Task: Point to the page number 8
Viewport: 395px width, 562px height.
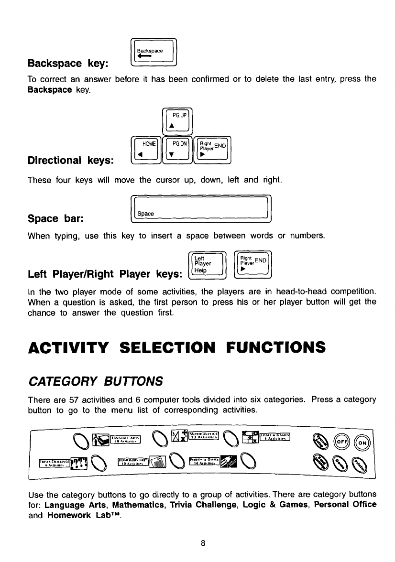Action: point(203,543)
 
